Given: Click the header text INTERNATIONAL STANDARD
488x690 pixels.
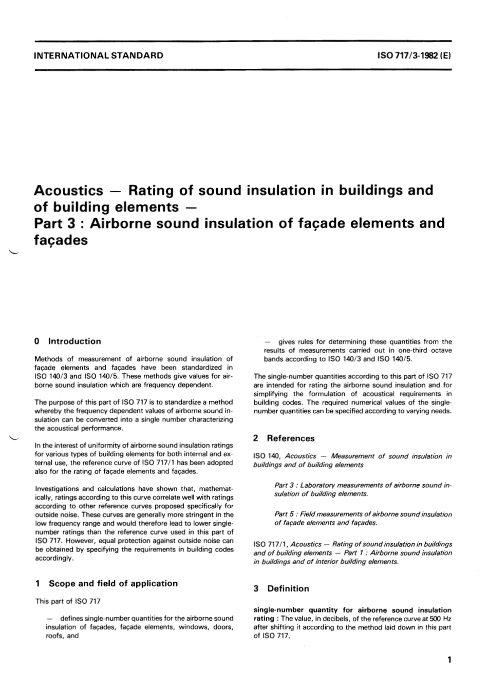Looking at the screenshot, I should pos(98,55).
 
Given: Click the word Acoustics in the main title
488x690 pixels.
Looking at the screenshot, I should pos(68,190).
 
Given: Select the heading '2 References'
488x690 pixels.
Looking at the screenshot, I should pos(284,438).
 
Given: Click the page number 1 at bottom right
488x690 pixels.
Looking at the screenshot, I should pos(449,660).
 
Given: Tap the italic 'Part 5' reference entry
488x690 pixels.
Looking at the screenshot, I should pos(285,514).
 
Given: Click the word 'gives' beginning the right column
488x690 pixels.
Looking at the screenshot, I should pos(286,341).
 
